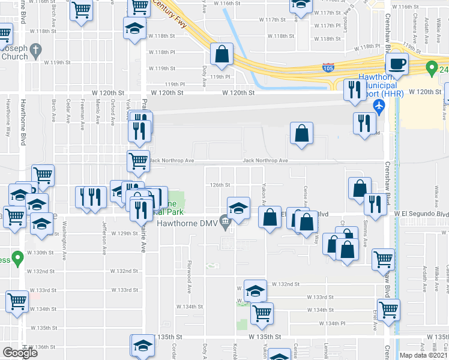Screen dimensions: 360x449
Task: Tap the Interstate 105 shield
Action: click(x=328, y=66)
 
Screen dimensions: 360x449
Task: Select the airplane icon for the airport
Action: click(x=379, y=106)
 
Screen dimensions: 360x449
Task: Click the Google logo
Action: click(x=20, y=353)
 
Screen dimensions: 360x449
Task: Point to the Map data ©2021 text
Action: click(x=424, y=355)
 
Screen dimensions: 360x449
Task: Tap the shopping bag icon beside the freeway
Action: click(x=222, y=54)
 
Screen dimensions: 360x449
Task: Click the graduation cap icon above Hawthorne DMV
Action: click(x=239, y=208)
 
